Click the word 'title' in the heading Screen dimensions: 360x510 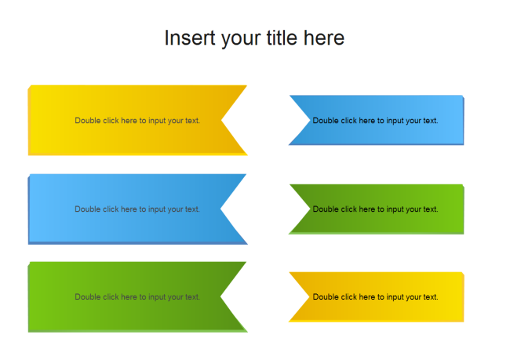(281, 38)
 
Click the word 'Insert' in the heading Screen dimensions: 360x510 (186, 38)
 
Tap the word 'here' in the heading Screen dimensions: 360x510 (324, 38)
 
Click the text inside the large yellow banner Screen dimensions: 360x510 (137, 121)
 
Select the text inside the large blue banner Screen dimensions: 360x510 (137, 209)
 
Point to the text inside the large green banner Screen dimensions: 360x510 (137, 297)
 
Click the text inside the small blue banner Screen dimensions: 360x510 (375, 121)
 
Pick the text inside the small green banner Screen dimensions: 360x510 (375, 209)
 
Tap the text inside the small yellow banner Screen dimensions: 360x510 (375, 297)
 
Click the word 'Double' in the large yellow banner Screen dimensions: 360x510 (87, 121)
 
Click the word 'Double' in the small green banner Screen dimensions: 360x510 (325, 209)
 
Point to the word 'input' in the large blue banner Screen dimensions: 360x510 (156, 209)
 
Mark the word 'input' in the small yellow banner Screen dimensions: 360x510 (395, 297)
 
